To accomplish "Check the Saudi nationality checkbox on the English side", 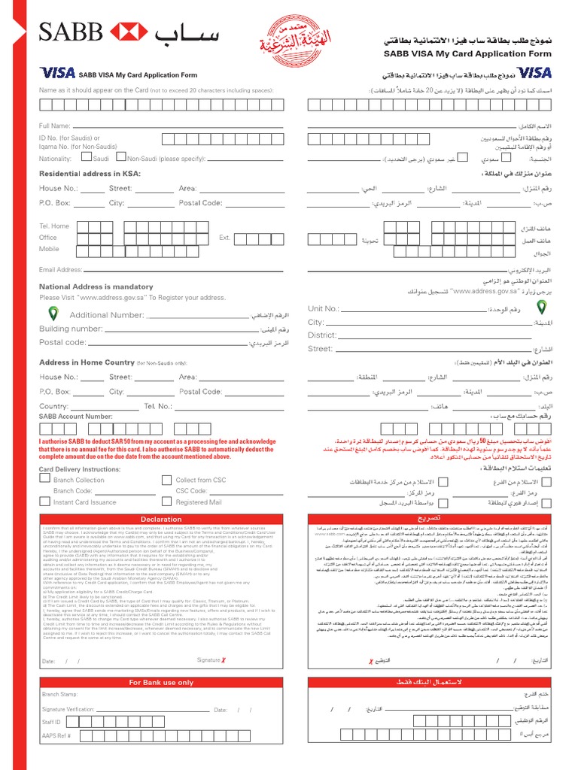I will click(x=87, y=158).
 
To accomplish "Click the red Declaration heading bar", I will click(x=161, y=519).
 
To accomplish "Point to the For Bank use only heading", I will click(x=161, y=682).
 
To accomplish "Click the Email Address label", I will click(x=61, y=269).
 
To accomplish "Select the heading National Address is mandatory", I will click(x=96, y=286).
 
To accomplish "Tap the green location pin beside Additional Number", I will click(x=53, y=314).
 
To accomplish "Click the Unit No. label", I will click(x=324, y=308).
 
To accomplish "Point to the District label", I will click(x=322, y=335).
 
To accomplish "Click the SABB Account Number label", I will click(x=75, y=416).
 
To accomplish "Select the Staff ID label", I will click(x=51, y=722).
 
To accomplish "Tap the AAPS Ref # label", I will click(x=56, y=735).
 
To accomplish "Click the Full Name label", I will click(x=55, y=126).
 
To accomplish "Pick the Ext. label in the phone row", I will click(x=224, y=238).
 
